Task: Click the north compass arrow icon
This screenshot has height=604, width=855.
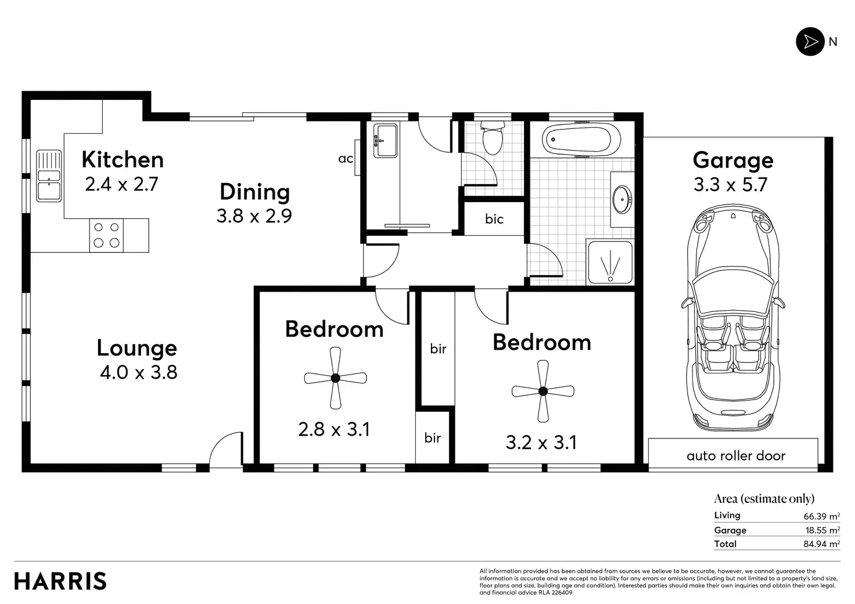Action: click(810, 42)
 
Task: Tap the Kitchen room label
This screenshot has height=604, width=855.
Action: click(123, 160)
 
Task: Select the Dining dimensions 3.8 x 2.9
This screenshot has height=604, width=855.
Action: click(254, 216)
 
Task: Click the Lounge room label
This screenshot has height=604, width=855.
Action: click(136, 348)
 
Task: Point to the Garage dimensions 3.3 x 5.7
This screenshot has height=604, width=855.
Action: click(730, 185)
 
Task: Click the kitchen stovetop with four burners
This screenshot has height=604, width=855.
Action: click(106, 235)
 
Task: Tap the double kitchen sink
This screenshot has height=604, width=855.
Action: click(49, 176)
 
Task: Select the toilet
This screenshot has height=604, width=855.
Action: click(493, 138)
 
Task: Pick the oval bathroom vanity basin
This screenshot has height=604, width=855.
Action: click(623, 200)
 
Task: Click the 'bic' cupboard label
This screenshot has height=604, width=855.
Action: click(494, 219)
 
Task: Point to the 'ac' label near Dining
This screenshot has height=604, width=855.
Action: click(346, 159)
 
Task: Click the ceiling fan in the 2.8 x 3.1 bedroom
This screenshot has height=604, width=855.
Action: click(336, 378)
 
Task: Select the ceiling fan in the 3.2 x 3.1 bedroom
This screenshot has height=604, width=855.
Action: click(543, 391)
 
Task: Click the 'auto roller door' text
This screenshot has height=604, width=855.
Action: click(736, 456)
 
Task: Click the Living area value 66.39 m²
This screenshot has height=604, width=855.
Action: click(821, 516)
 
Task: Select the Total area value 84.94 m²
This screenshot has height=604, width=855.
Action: click(821, 544)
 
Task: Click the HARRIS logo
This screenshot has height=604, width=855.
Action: click(60, 581)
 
